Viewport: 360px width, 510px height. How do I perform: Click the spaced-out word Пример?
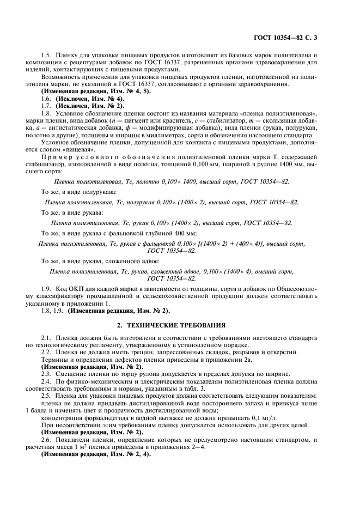[x=59, y=157]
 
